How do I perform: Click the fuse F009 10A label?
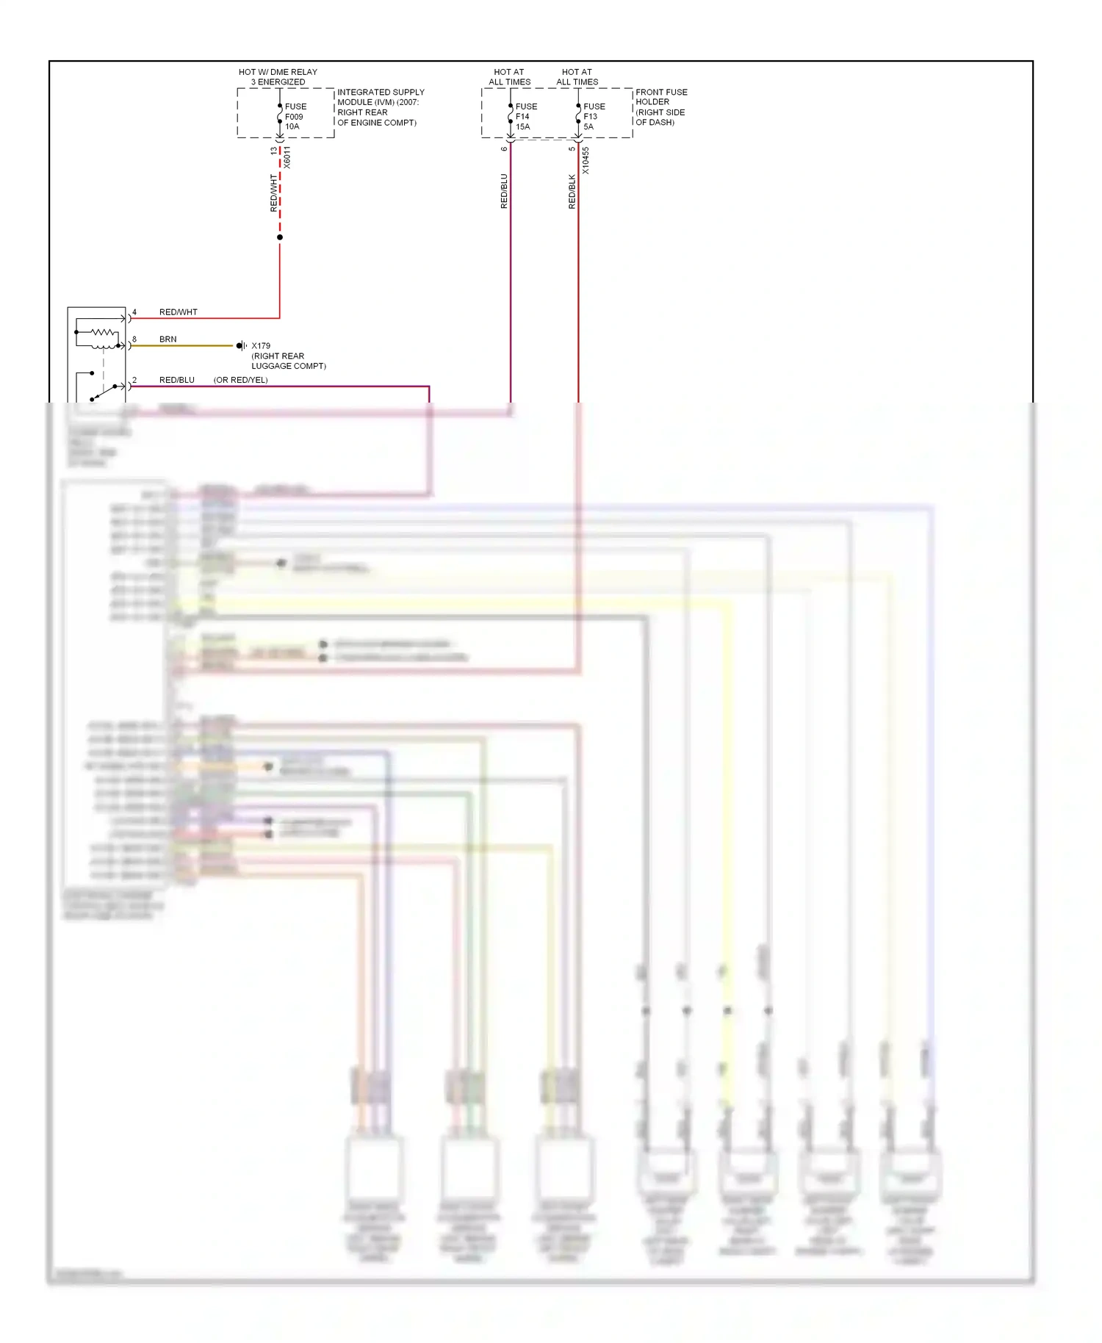click(x=295, y=116)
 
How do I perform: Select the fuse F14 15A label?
click(x=525, y=116)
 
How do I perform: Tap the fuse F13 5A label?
click(x=594, y=116)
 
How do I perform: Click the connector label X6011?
click(x=287, y=157)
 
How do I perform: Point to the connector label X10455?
click(x=586, y=160)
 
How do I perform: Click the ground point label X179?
click(x=261, y=345)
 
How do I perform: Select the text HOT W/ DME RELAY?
click(x=278, y=72)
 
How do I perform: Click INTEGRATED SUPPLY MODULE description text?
click(x=380, y=107)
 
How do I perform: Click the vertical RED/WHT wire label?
click(x=274, y=192)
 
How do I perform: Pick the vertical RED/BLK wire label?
click(x=572, y=191)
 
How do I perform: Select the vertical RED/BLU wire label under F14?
click(x=504, y=191)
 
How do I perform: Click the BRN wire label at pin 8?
click(x=168, y=339)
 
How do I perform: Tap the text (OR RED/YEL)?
click(x=240, y=380)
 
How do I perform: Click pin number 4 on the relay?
click(x=134, y=312)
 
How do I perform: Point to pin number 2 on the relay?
click(x=134, y=380)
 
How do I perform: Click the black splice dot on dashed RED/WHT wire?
click(x=280, y=237)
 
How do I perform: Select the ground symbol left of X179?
click(x=241, y=345)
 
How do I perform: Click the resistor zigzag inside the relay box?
click(x=103, y=333)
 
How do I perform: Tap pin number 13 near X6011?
click(x=274, y=151)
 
